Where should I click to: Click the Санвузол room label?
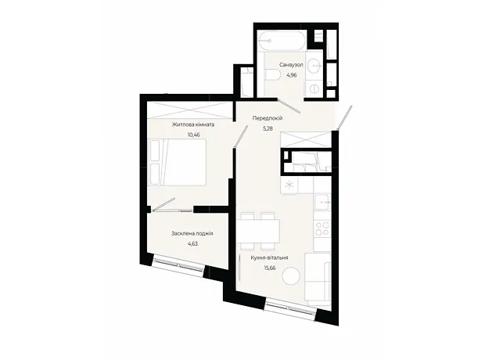291,65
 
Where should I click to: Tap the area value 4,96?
292,75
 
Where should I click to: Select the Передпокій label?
268,118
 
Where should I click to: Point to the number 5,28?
268,128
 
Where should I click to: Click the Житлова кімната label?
193,124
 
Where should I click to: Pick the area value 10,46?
194,135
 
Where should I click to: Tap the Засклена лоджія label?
192,233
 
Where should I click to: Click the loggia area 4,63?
192,243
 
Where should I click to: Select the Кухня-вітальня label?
269,257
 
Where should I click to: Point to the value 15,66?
270,268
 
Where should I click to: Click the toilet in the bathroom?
272,74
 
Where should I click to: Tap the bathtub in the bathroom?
282,41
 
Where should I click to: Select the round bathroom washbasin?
314,66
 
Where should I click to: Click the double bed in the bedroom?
178,163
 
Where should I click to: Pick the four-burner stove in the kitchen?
322,229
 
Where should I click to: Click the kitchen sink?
322,202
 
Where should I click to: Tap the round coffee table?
291,275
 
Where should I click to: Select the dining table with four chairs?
258,231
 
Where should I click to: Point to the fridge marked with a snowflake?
289,185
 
